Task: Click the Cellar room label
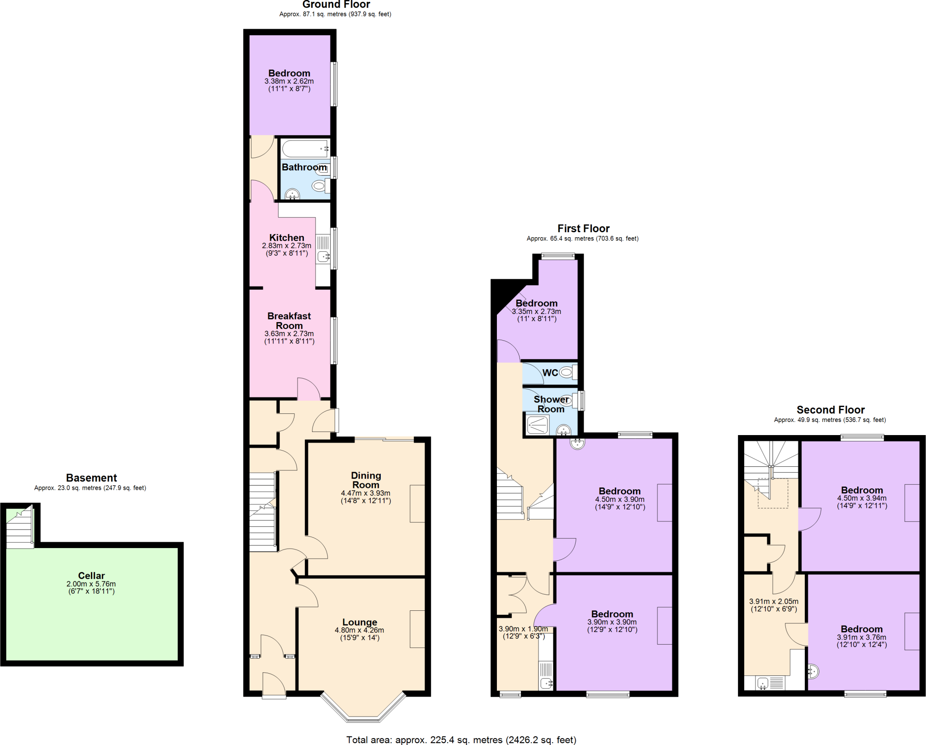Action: click(91, 576)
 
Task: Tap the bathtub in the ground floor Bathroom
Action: click(304, 149)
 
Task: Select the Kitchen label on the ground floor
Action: click(287, 238)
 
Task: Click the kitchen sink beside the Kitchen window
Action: click(323, 257)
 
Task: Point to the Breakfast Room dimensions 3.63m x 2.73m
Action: click(289, 334)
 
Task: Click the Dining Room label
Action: click(366, 480)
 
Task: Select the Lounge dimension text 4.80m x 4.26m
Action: click(359, 630)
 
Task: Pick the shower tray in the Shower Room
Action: click(537, 425)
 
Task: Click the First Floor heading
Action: click(583, 229)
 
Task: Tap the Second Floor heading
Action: click(830, 410)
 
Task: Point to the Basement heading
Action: click(91, 478)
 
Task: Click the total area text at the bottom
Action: click(461, 740)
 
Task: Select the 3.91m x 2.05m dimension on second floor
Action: click(774, 601)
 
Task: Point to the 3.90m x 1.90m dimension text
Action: click(523, 629)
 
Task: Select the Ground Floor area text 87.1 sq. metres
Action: click(335, 14)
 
